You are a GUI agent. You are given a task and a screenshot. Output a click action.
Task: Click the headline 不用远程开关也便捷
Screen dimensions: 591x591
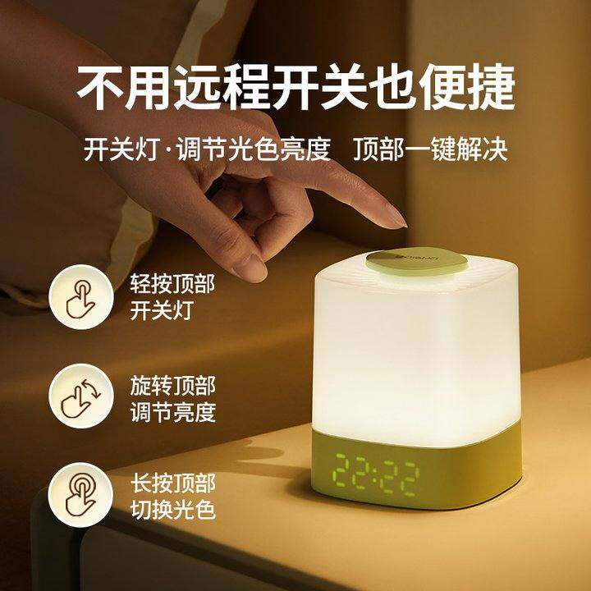coord(296,88)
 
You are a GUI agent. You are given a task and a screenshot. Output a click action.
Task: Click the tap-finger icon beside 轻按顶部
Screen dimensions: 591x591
coord(81,297)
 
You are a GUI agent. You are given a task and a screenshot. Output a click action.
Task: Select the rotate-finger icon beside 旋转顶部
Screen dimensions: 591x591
coord(81,396)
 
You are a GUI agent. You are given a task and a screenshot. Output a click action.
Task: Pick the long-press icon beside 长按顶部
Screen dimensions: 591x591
coord(80,495)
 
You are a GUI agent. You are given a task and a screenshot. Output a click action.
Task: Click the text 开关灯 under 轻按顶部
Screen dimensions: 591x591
coord(162,310)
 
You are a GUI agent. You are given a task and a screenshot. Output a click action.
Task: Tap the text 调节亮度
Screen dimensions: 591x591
coord(173,412)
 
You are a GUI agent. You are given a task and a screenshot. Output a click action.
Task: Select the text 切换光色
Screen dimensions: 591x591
coord(173,511)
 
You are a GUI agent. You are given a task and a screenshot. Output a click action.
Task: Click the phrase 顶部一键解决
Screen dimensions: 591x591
coord(430,149)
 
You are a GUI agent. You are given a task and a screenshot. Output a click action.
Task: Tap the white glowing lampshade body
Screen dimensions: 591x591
coord(416,358)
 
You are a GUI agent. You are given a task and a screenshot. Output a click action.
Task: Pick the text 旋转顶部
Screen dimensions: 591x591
coord(173,386)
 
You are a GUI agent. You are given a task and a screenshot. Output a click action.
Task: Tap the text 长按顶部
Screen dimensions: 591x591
coord(173,483)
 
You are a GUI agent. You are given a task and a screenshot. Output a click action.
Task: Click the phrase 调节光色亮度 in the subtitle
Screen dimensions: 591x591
coord(254,149)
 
